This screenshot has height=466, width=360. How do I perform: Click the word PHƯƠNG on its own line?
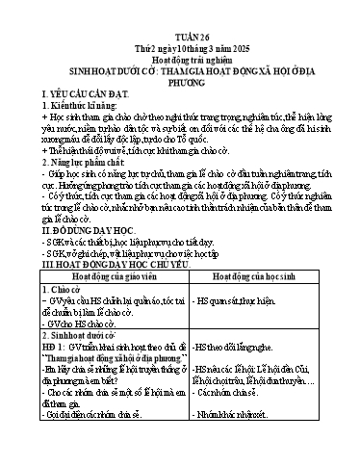tap(180, 70)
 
